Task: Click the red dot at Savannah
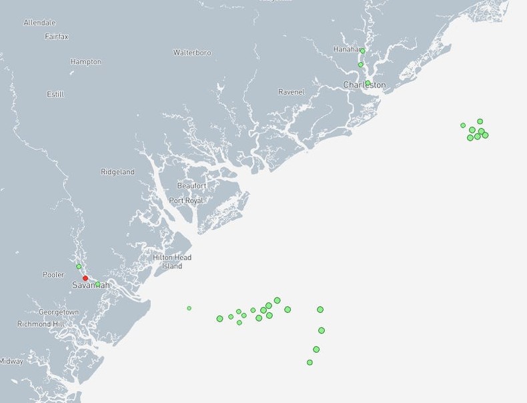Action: (85, 278)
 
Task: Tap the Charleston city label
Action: (364, 85)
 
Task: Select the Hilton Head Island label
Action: (172, 262)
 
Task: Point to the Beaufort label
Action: (191, 185)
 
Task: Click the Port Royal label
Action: (186, 200)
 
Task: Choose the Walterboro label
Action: (192, 53)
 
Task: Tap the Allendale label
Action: (39, 23)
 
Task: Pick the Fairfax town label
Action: (57, 37)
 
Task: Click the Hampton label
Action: (85, 62)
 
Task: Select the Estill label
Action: (55, 95)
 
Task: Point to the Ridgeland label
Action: (117, 172)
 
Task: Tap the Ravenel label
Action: (291, 92)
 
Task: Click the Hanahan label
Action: (346, 49)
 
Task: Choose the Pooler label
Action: (53, 275)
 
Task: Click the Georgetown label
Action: (59, 312)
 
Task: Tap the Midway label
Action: (11, 362)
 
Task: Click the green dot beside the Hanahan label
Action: (362, 51)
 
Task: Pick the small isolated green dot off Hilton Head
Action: (189, 308)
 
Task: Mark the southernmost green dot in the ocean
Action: (310, 362)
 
